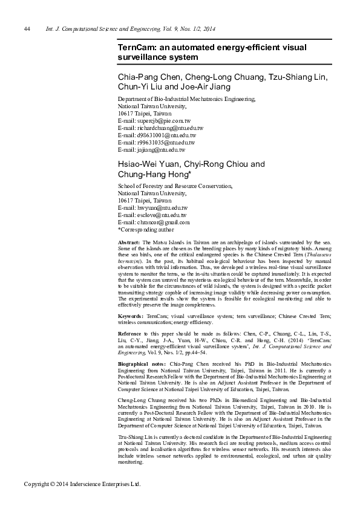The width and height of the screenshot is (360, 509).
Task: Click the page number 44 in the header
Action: tap(27, 28)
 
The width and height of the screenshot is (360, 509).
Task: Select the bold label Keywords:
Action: tap(131, 316)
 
